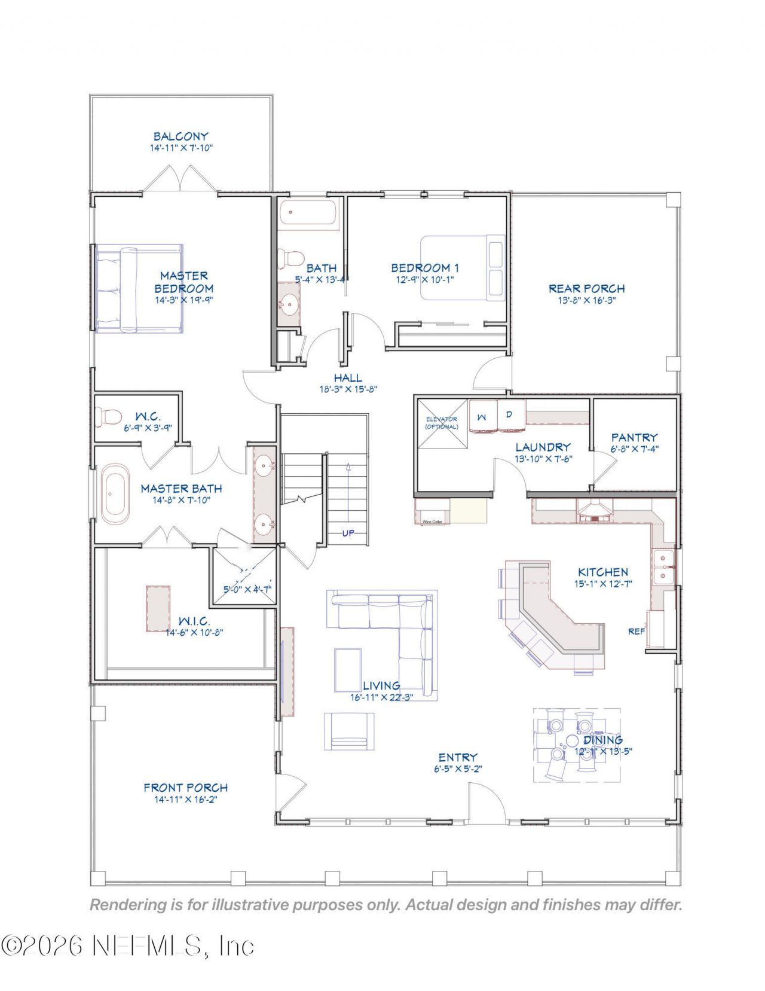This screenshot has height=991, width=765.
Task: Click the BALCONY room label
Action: coord(180,136)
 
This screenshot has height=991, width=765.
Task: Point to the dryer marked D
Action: coord(510,414)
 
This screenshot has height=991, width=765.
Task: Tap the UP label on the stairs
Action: coord(348,533)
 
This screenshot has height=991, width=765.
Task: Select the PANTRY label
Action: coord(634,437)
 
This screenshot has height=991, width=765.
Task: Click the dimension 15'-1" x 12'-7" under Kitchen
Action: coord(603,584)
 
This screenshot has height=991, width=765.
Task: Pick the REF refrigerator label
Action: coord(636,631)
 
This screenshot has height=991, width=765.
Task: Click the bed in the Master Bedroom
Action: coord(139,288)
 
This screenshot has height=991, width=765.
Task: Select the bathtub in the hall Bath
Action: coord(308,214)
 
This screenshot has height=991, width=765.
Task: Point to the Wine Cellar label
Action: coord(432,522)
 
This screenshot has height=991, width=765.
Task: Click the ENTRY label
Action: coord(457,757)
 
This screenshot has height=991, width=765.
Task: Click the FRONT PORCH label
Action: coord(185,788)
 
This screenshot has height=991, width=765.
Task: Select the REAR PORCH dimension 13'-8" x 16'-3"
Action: coord(586,300)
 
